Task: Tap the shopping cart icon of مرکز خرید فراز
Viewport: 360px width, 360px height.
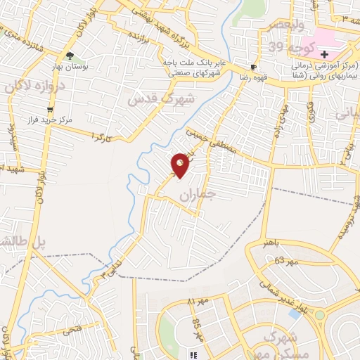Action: (49, 110)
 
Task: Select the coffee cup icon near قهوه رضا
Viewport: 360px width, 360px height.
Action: (252, 68)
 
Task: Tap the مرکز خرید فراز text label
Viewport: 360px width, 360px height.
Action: (74, 120)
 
